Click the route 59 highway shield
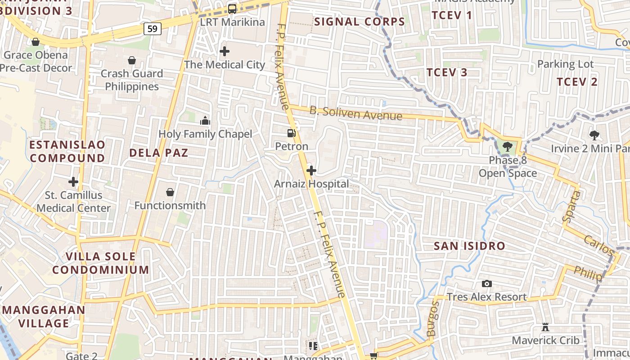[153, 29]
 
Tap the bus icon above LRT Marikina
[232, 9]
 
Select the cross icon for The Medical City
[225, 51]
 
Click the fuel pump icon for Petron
[292, 133]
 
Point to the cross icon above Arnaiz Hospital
[311, 171]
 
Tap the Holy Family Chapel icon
[205, 121]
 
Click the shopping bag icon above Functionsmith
[170, 193]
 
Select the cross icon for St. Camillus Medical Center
[73, 182]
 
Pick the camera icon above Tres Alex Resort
[486, 283]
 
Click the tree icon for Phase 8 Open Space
[507, 146]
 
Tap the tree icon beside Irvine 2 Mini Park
[594, 135]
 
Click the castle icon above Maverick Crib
[545, 327]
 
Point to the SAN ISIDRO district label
[469, 246]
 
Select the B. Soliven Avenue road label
[355, 113]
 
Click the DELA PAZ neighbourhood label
[158, 153]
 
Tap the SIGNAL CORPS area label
[360, 22]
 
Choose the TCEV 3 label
[446, 72]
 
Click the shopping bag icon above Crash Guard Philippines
[132, 60]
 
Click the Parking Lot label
[565, 64]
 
